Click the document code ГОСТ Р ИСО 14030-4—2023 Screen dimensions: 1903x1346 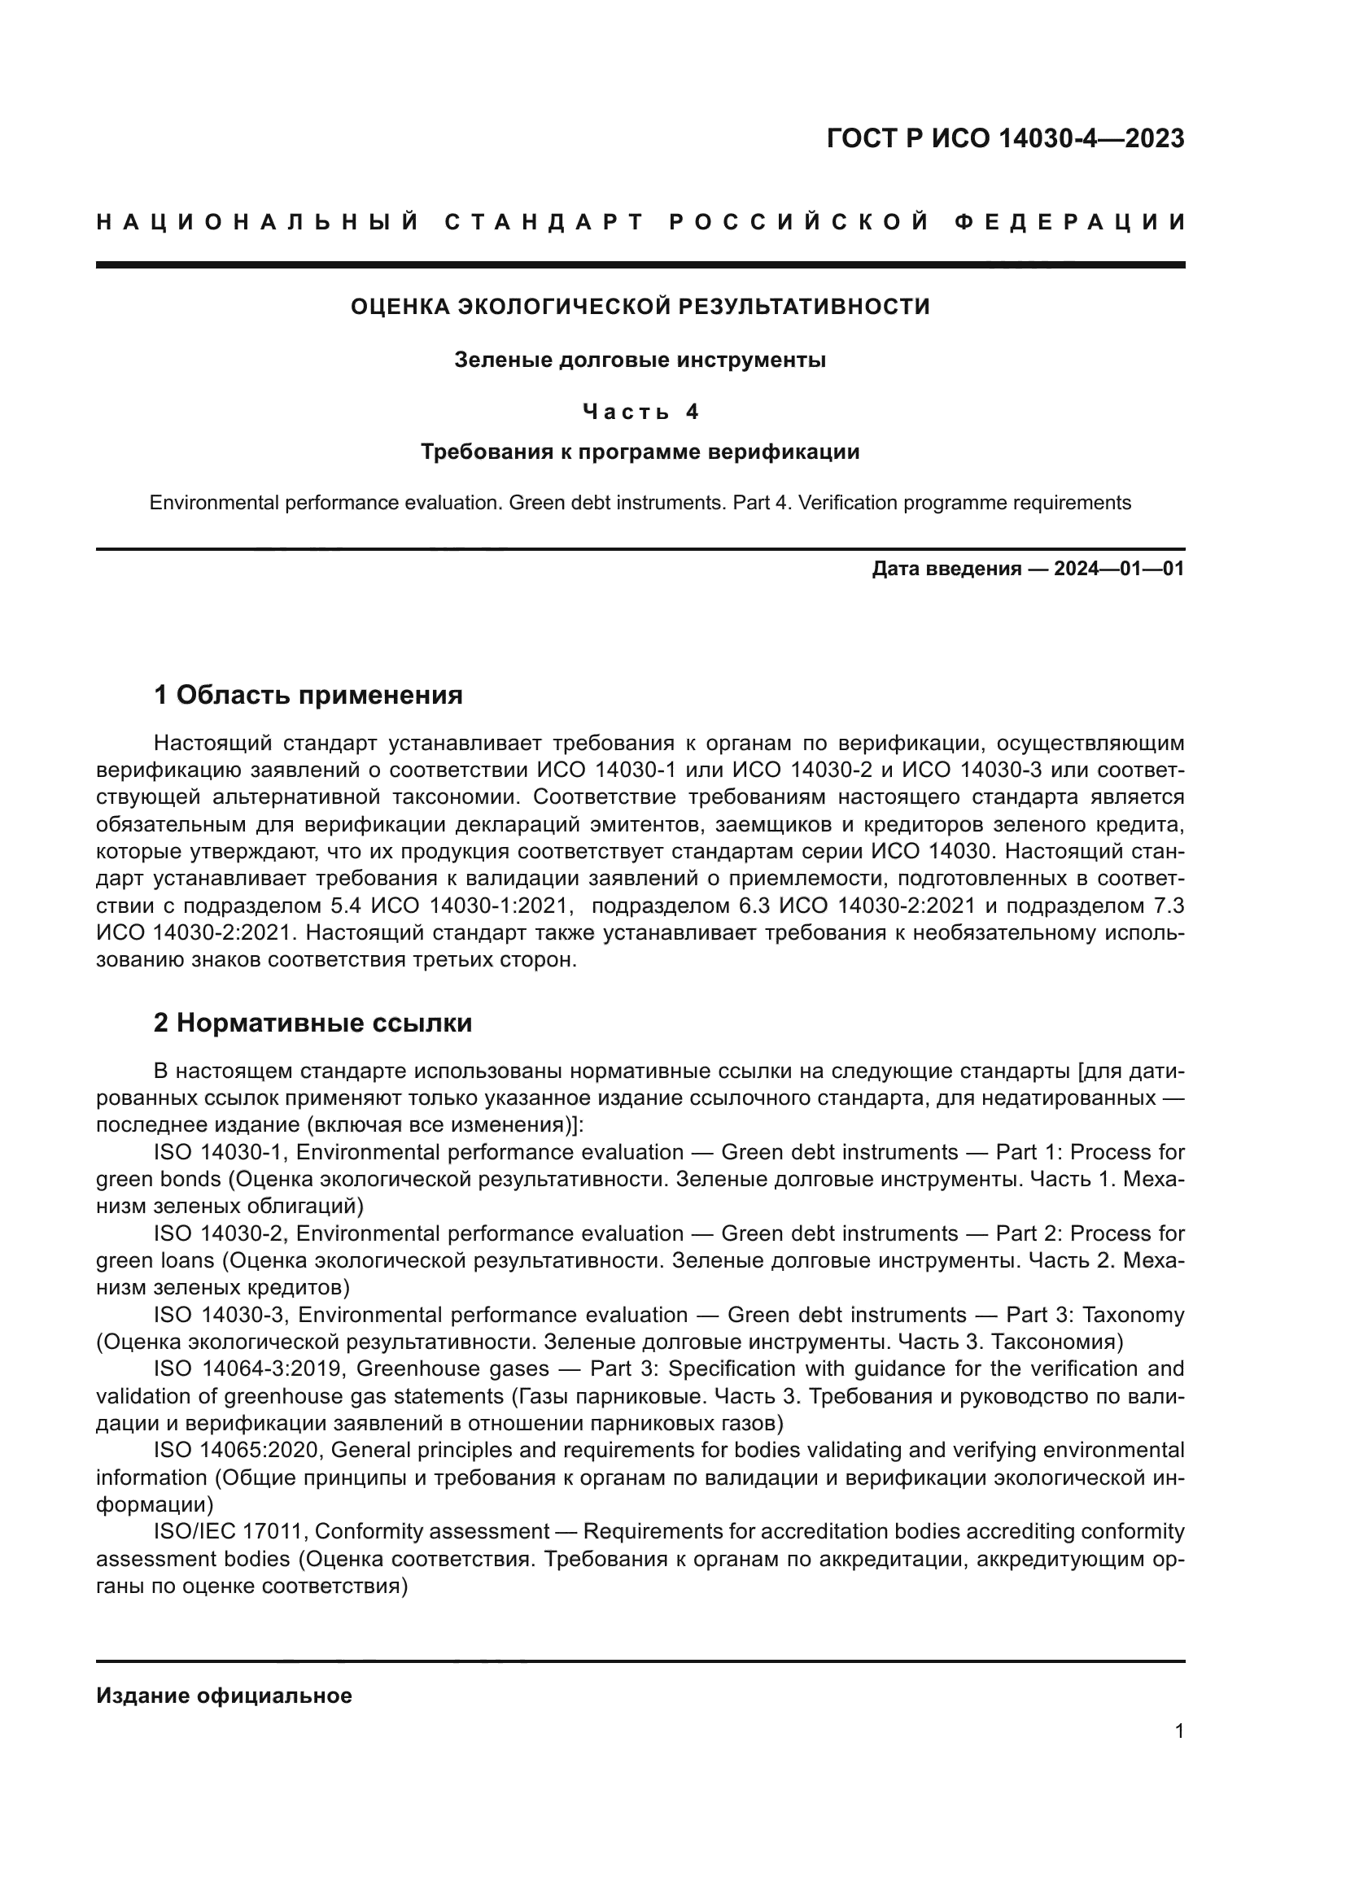(x=1004, y=138)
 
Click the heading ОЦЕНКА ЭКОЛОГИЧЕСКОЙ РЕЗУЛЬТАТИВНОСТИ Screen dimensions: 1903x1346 (x=640, y=307)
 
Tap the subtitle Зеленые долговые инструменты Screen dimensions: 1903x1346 (x=640, y=360)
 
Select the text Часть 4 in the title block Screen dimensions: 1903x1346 (x=640, y=411)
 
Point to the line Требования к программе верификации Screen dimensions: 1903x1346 (x=640, y=452)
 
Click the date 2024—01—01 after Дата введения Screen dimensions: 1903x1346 (x=1119, y=569)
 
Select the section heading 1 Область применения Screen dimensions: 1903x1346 (x=308, y=695)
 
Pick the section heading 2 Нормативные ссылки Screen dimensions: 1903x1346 (x=312, y=1023)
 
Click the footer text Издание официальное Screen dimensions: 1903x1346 (x=224, y=1696)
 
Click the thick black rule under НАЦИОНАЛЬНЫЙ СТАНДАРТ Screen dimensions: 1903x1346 (x=640, y=265)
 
